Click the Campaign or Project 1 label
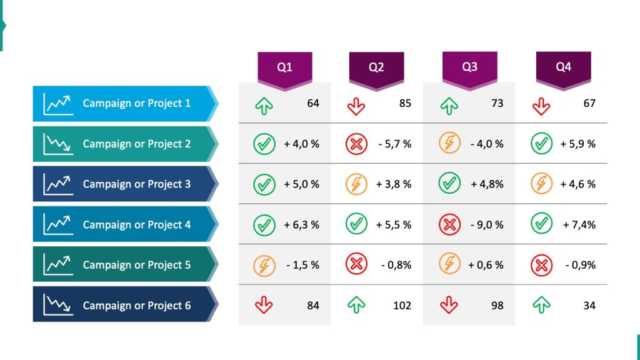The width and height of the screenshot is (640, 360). click(136, 103)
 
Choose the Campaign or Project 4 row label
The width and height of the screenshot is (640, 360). click(136, 224)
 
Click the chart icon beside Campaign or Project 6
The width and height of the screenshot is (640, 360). click(57, 305)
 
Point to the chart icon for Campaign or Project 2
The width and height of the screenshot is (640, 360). click(57, 144)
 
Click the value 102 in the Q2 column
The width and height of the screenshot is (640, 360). click(402, 306)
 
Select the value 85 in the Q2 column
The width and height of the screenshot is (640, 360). click(405, 103)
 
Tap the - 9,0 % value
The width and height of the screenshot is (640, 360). click(487, 224)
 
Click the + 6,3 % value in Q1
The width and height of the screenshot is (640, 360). click(301, 224)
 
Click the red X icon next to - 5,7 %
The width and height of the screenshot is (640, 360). click(356, 144)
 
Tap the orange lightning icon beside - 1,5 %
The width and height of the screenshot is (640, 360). click(264, 265)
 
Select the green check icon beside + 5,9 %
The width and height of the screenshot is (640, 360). click(541, 144)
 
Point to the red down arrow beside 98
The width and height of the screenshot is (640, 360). click(449, 305)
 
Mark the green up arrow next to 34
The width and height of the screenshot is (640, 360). click(541, 305)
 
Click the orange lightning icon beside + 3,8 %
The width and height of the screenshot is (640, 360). click(356, 184)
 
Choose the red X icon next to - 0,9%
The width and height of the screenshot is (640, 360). click(541, 265)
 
